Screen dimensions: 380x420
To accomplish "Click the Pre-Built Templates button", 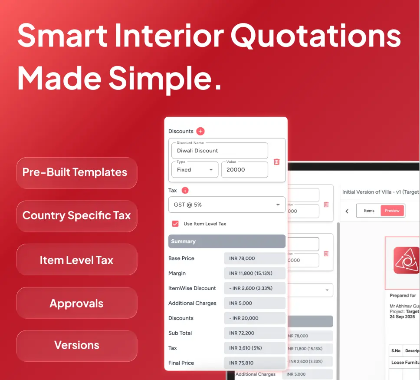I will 76,172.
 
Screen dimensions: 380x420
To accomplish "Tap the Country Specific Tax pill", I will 76,216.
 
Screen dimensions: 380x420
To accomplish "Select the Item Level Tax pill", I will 76,260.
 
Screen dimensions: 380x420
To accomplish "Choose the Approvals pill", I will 76,303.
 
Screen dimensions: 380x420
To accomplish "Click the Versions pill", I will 76,345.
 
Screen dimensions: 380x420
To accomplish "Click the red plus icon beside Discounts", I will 200,131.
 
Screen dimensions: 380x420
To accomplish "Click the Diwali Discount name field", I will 219,151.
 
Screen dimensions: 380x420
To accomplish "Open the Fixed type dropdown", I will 194,169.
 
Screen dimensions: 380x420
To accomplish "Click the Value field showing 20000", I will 244,169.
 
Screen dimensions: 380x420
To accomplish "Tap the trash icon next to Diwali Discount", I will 276,162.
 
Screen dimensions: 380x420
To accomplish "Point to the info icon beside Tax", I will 185,190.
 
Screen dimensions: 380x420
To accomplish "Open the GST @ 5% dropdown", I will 226,205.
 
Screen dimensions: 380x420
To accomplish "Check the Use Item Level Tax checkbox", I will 175,224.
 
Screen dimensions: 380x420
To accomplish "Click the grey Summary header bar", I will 226,241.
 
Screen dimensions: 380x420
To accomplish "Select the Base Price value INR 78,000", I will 254,258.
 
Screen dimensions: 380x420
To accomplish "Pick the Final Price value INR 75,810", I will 254,363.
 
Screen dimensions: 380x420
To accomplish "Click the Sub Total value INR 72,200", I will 254,333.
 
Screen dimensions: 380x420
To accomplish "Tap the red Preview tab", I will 392,211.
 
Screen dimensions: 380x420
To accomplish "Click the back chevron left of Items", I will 347,211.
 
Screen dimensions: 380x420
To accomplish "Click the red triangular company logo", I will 407,261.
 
